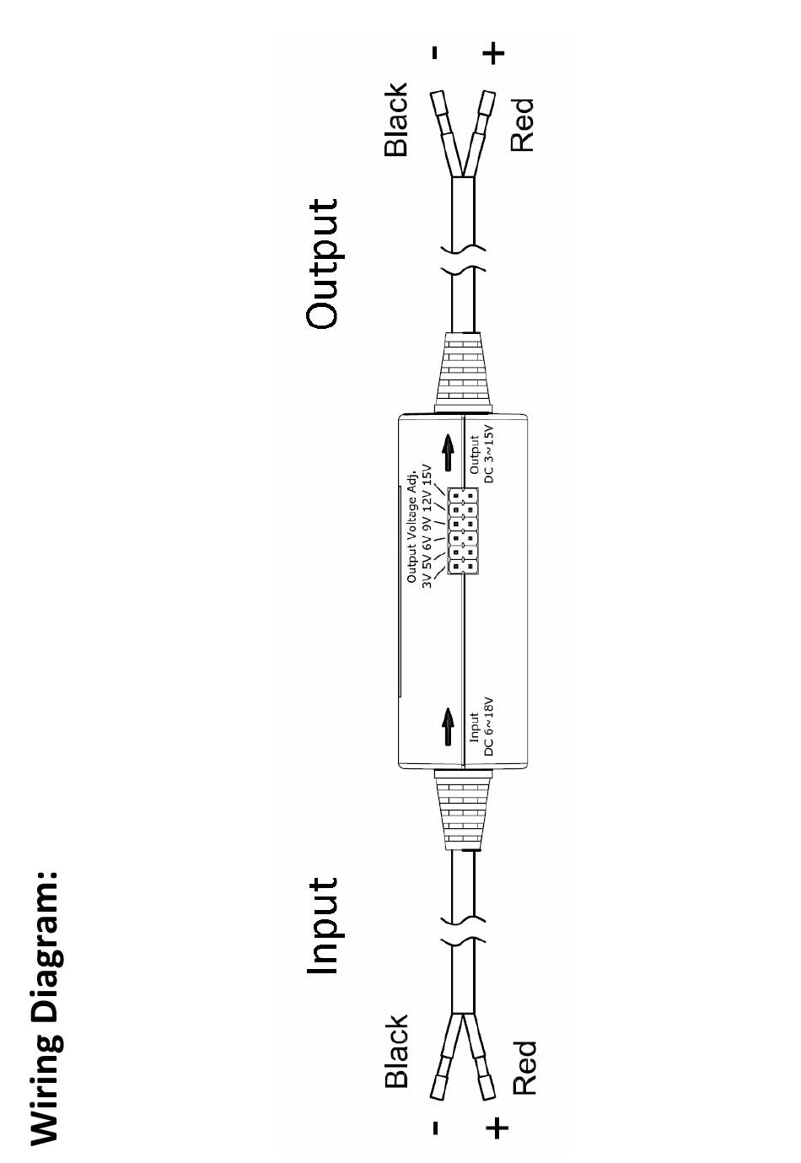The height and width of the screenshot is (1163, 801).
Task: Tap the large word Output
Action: (x=323, y=263)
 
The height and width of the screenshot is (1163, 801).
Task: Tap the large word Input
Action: (x=323, y=926)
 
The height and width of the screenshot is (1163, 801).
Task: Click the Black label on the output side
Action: (x=395, y=119)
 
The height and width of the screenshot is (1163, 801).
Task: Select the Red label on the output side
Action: (x=523, y=124)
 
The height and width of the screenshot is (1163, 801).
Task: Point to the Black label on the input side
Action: (x=395, y=1051)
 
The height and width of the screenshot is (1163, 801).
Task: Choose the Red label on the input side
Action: (x=523, y=1067)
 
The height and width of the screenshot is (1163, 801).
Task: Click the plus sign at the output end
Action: (x=495, y=53)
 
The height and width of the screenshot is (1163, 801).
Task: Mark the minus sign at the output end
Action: (x=434, y=52)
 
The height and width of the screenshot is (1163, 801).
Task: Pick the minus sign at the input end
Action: (x=434, y=1128)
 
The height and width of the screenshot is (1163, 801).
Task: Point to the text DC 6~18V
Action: (x=489, y=726)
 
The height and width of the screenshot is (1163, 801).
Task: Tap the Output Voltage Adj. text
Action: (x=411, y=523)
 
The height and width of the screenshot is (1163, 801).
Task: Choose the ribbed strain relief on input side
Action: (x=461, y=810)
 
